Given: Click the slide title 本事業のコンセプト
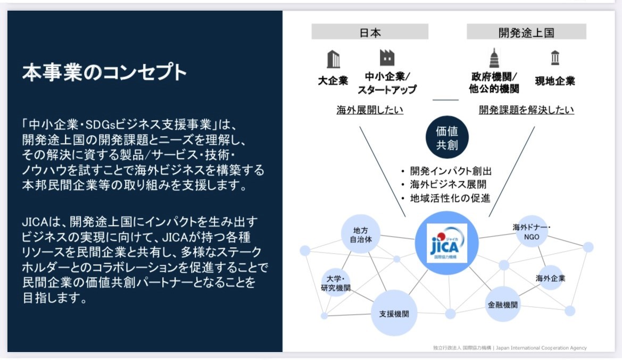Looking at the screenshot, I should (104, 72).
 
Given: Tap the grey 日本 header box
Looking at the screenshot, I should (370, 32).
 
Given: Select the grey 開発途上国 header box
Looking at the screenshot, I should (526, 32).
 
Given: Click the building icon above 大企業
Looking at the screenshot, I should (333, 58).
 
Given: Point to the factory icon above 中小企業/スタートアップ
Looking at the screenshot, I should (387, 58).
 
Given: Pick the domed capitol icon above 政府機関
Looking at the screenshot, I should (494, 58).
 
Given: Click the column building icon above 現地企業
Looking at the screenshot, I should (555, 57).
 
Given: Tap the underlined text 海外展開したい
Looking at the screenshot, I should (370, 110).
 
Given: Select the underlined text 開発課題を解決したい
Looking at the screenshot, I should (526, 110).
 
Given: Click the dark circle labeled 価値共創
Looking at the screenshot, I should (447, 138).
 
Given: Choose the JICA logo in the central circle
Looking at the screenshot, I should (447, 242).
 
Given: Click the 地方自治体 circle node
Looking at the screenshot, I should (360, 235).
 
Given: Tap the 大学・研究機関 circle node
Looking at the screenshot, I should (336, 282).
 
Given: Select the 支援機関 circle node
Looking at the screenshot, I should (394, 313).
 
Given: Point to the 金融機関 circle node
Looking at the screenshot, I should (503, 305).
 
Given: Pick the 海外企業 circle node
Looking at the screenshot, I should (550, 278).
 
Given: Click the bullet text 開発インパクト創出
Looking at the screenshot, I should (450, 171).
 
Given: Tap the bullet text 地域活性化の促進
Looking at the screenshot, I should (450, 198).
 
